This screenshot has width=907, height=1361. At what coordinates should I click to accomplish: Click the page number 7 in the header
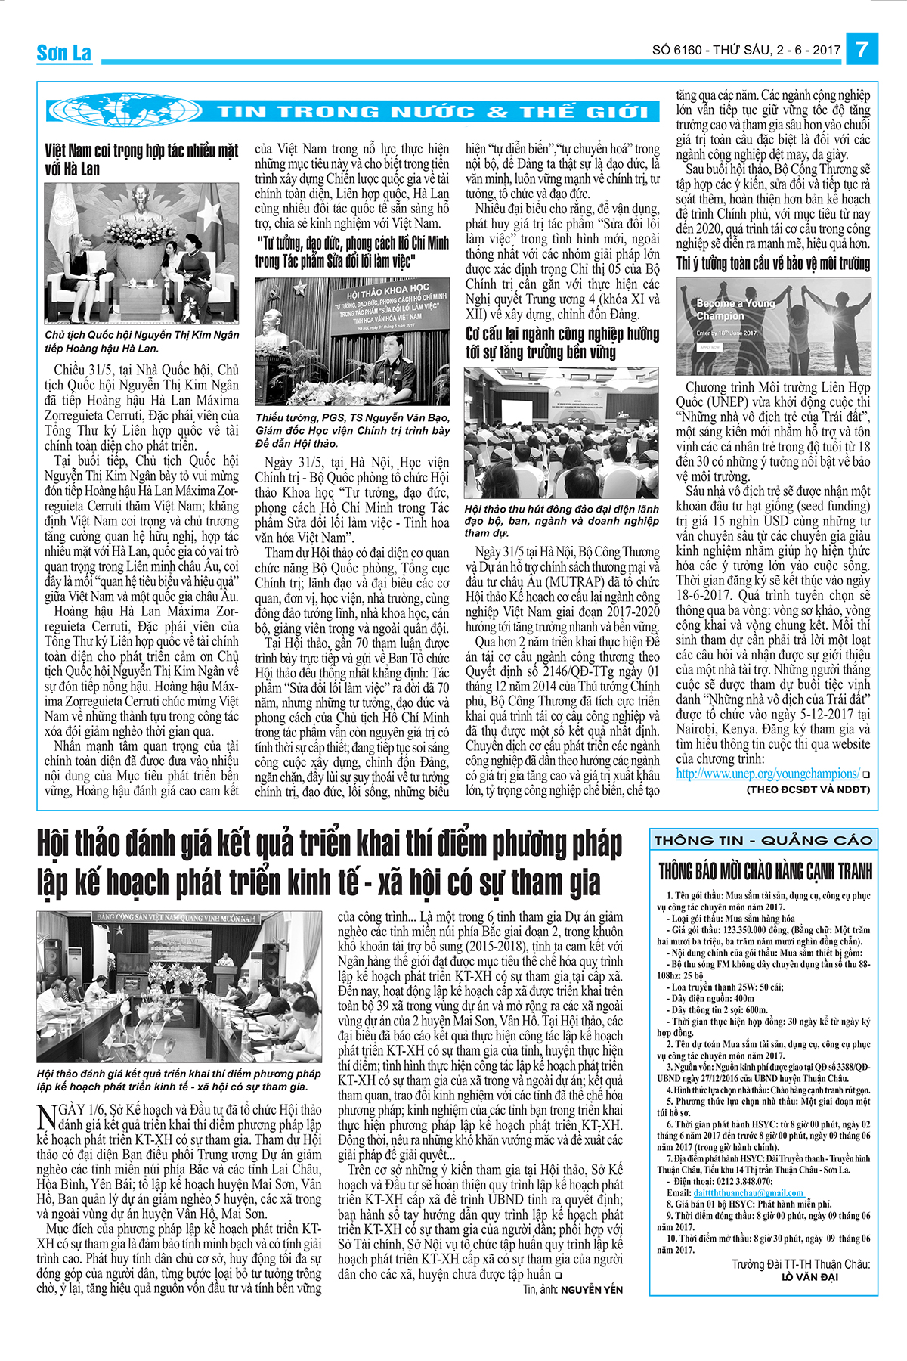pyautogui.click(x=862, y=50)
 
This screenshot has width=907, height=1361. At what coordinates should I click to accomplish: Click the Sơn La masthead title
pyautogui.click(x=64, y=53)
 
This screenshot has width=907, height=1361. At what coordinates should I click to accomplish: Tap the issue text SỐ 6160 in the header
pyautogui.click(x=676, y=51)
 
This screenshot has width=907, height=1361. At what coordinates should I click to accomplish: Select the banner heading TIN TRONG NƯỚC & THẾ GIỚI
pyautogui.click(x=433, y=113)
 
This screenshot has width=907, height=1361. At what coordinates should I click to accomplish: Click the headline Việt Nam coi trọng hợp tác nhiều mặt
pyautogui.click(x=141, y=159)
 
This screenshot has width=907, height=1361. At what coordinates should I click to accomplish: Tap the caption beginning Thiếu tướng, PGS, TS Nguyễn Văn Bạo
pyautogui.click(x=352, y=430)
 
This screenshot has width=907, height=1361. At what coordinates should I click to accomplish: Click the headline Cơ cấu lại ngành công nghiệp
pyautogui.click(x=562, y=343)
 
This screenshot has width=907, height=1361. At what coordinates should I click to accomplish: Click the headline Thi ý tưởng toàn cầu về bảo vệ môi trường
pyautogui.click(x=773, y=264)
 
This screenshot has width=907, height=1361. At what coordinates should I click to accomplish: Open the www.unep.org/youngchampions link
pyautogui.click(x=767, y=774)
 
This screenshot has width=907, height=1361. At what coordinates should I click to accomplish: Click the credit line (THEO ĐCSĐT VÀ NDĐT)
pyautogui.click(x=808, y=789)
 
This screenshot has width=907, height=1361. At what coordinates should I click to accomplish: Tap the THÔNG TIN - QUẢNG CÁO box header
pyautogui.click(x=763, y=840)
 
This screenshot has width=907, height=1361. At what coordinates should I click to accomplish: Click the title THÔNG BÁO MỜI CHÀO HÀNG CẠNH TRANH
pyautogui.click(x=765, y=871)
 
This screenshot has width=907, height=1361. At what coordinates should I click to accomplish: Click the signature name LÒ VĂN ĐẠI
pyautogui.click(x=809, y=1277)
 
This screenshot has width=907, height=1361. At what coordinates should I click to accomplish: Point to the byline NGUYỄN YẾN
pyautogui.click(x=592, y=1289)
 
